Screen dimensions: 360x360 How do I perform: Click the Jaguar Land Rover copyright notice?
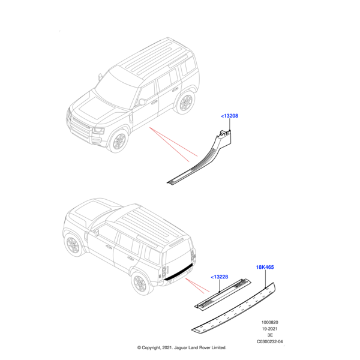181,347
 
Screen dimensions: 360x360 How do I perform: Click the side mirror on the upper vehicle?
142,102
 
